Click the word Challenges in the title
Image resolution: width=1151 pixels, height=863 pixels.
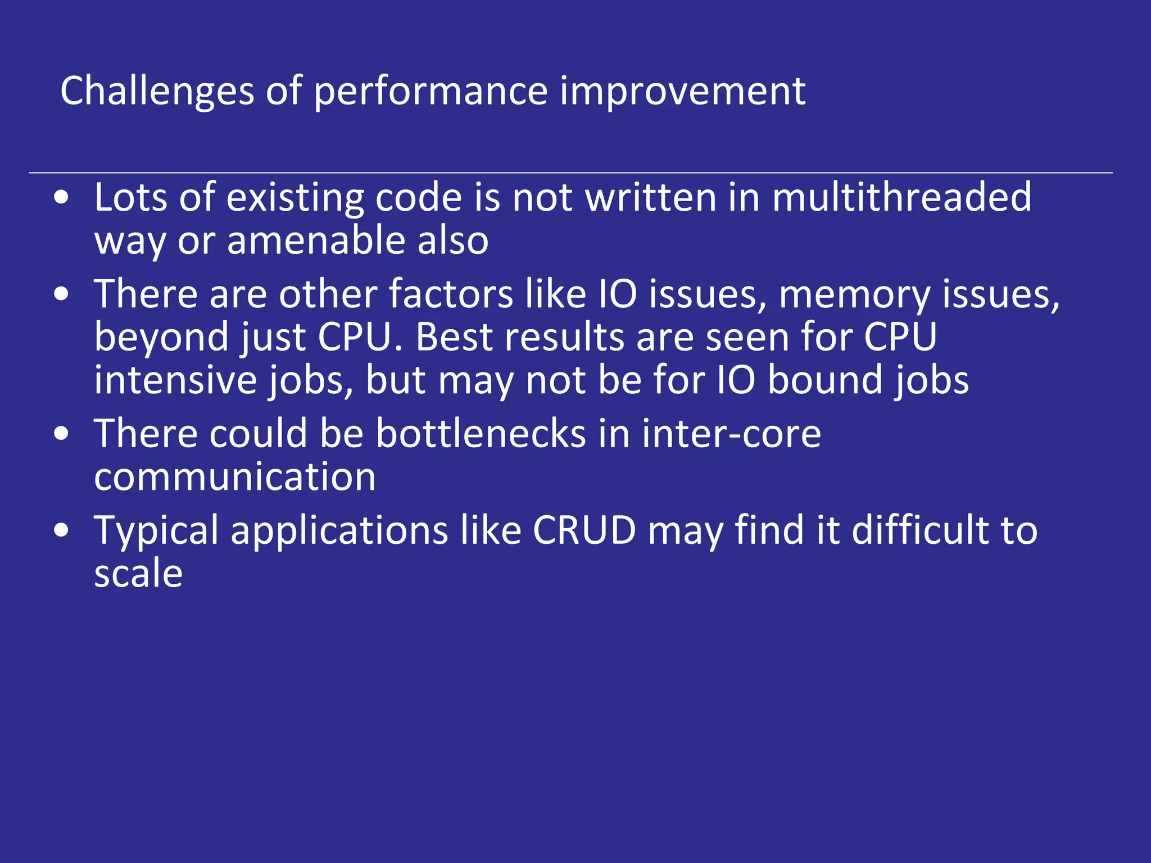click(x=157, y=91)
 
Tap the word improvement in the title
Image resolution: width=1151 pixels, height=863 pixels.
click(x=682, y=91)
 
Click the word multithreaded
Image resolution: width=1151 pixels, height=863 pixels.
click(x=901, y=197)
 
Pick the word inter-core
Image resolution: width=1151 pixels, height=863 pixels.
click(x=731, y=434)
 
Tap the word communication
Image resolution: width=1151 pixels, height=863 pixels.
click(x=235, y=477)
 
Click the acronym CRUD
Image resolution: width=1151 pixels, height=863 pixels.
click(x=584, y=530)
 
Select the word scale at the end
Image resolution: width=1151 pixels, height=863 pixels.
click(x=138, y=574)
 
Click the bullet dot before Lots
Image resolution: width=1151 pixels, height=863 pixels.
click(x=62, y=198)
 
